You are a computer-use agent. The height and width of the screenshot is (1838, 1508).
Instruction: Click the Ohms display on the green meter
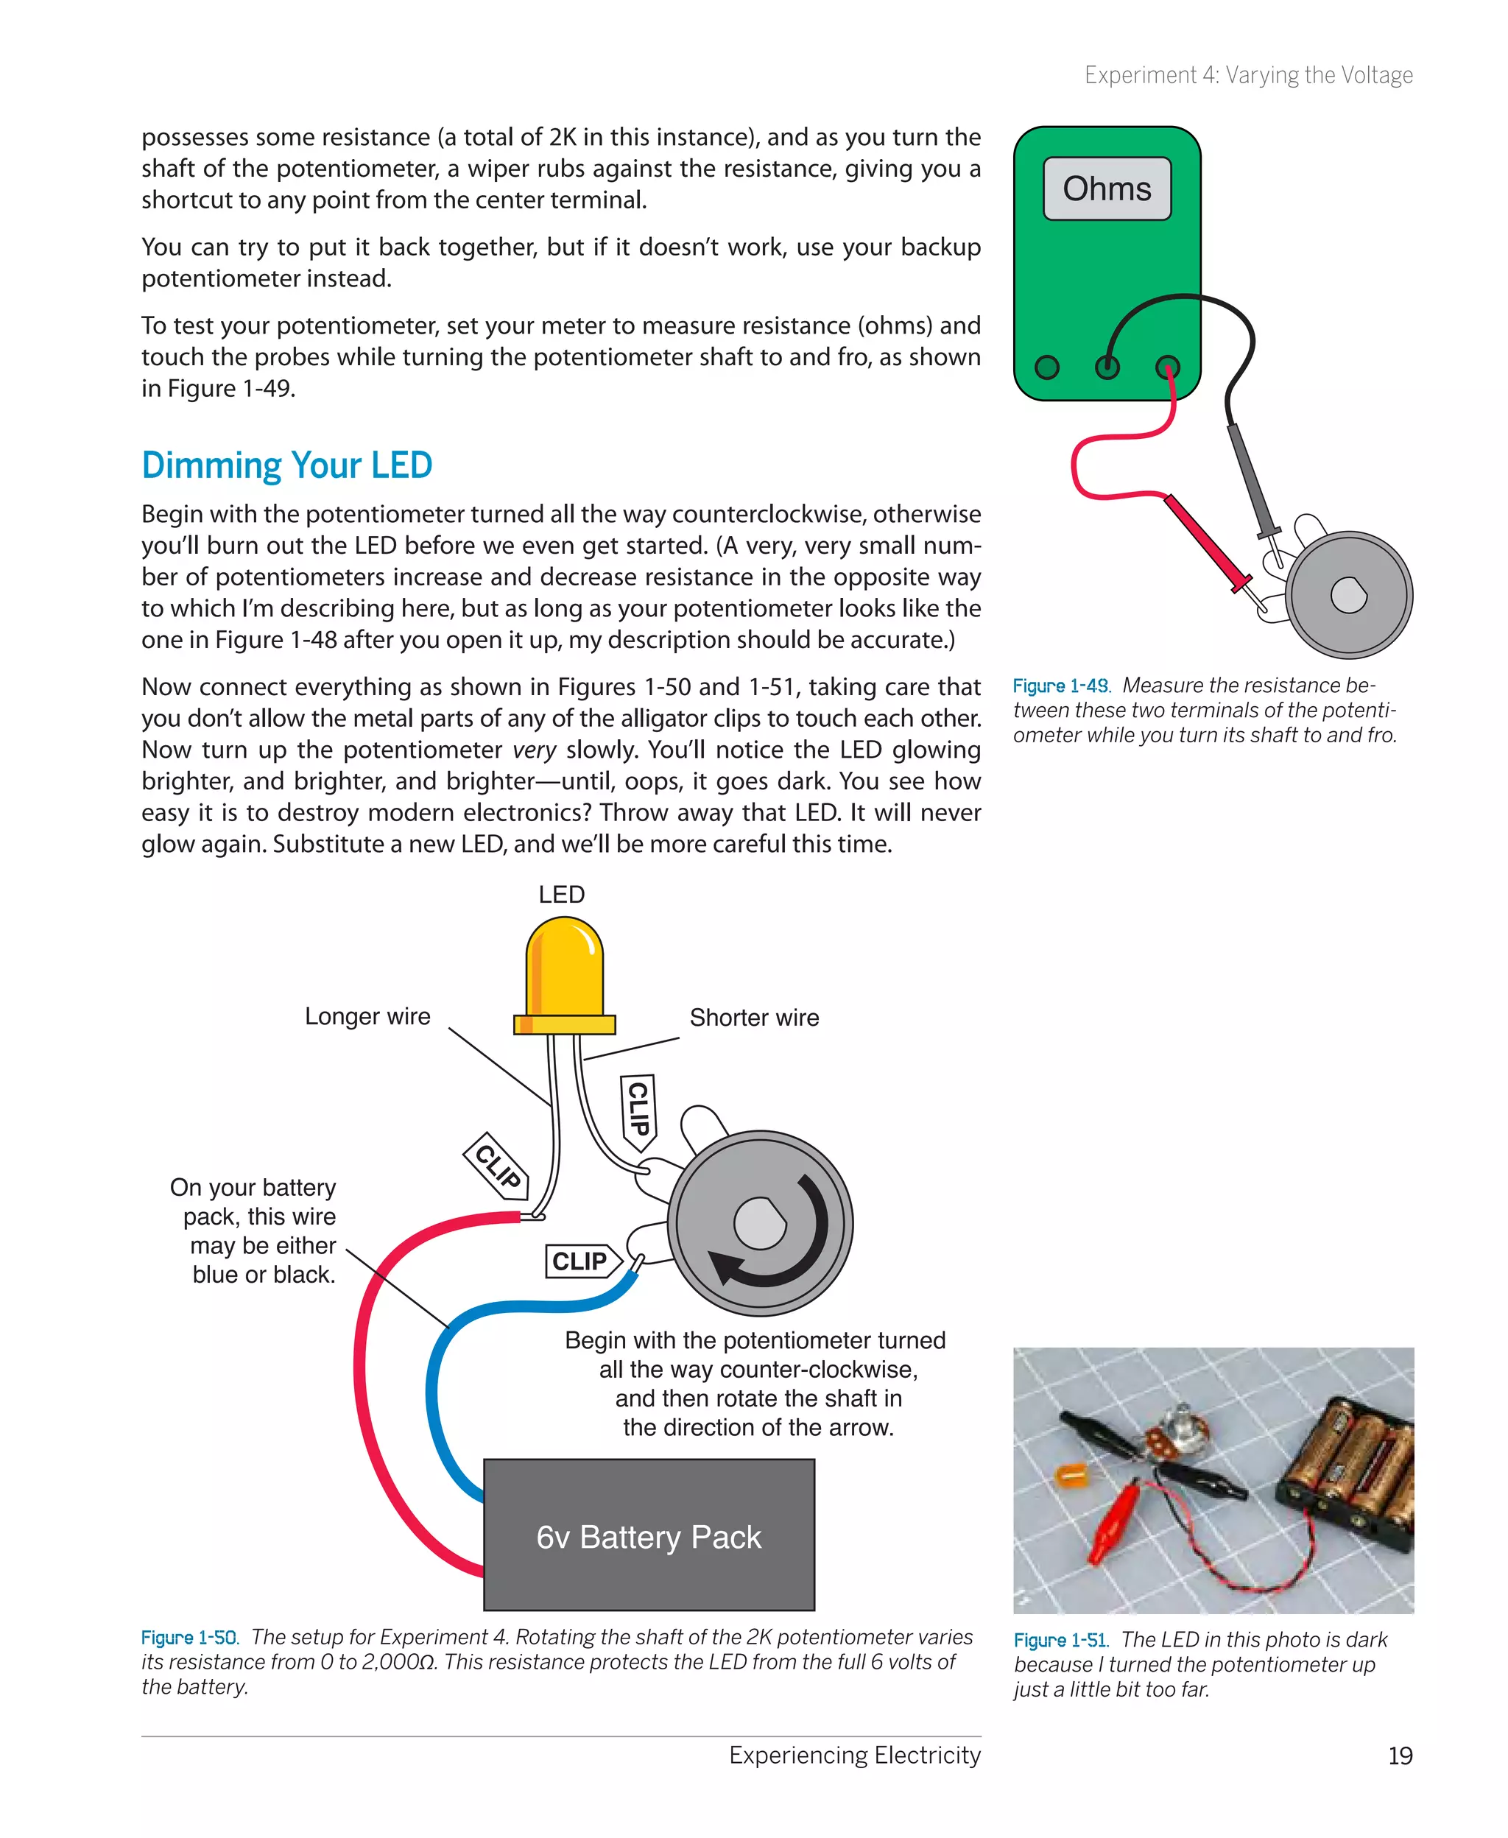[1107, 189]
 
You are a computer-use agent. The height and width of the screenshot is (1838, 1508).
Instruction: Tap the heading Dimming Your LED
[286, 465]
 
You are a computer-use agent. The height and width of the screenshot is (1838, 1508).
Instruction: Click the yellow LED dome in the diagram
[565, 968]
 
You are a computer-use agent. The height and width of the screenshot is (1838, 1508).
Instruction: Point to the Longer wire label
[367, 1016]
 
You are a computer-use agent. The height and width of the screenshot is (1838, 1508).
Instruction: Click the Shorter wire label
[754, 1017]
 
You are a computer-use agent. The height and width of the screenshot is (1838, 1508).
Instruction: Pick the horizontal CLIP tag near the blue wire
[581, 1261]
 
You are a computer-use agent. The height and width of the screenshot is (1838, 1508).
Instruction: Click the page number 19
[1400, 1756]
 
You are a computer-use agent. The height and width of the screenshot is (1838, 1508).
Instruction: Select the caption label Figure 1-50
[188, 1638]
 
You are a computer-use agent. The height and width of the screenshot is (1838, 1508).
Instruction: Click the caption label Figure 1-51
[1060, 1640]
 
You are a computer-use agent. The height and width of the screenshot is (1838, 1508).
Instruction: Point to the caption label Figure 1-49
[1060, 686]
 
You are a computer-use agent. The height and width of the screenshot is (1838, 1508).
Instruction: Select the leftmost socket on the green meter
[1047, 367]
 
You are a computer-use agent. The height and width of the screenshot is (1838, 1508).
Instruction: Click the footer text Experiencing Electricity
[854, 1756]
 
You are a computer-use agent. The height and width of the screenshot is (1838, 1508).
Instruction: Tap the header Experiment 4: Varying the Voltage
[1248, 76]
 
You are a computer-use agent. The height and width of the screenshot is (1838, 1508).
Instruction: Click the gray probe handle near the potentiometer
[1251, 478]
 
